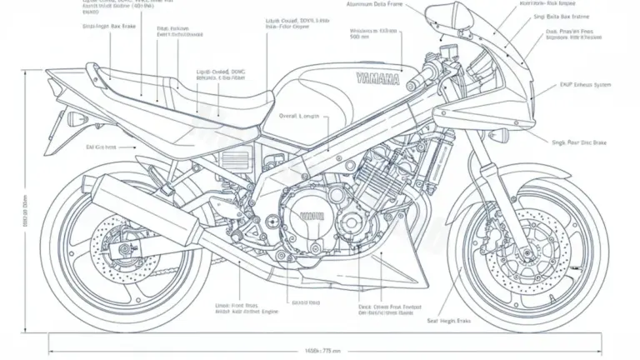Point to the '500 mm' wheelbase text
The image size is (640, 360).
pyautogui.click(x=361, y=37)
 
